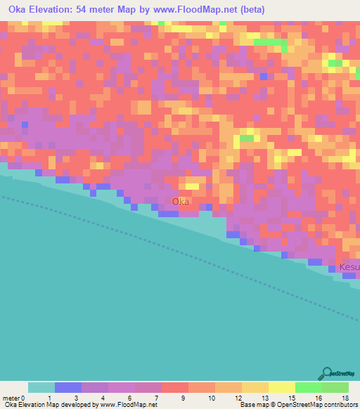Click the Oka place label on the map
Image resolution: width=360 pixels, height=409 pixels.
tap(181, 202)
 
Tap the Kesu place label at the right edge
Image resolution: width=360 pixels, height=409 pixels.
tap(349, 267)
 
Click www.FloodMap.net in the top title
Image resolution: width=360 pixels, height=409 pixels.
tap(194, 10)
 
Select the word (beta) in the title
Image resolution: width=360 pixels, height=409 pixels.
tap(252, 10)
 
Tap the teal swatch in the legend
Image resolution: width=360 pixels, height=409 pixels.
tap(41, 387)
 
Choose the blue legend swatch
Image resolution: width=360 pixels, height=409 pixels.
tap(68, 387)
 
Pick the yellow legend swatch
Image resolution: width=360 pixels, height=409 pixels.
tap(282, 387)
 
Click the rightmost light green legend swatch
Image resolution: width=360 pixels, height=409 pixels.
tap(335, 387)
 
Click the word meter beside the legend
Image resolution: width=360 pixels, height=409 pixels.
tap(11, 397)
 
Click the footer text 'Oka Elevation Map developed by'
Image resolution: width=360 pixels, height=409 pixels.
tap(50, 405)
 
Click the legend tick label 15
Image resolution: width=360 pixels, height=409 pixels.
tap(291, 397)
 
